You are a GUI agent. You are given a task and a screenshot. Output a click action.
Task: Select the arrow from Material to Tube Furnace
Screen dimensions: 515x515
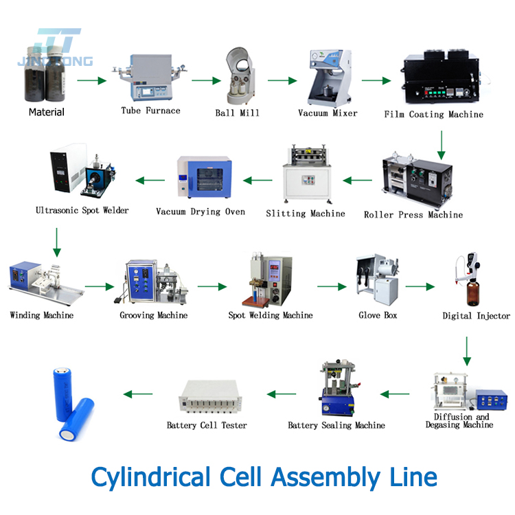(92, 81)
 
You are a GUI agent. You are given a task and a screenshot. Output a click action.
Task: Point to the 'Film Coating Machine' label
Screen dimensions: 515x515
(433, 114)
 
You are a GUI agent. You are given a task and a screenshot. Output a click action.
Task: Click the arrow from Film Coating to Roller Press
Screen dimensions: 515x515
(442, 141)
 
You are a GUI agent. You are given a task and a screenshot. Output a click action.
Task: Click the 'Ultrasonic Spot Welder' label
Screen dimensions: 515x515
(82, 209)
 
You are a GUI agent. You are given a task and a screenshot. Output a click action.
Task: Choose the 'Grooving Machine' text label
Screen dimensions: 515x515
(153, 315)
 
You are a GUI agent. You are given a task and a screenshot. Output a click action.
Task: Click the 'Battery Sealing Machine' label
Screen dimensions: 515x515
(336, 425)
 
